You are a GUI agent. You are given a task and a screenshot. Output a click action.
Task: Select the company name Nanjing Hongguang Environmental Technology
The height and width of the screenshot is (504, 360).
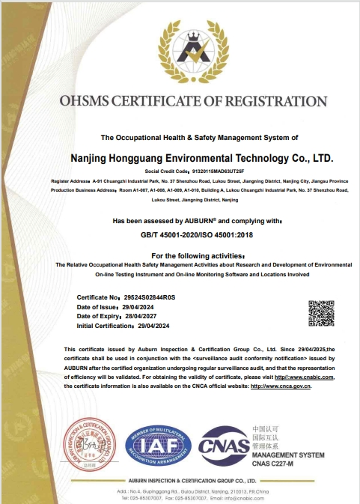pos(200,159)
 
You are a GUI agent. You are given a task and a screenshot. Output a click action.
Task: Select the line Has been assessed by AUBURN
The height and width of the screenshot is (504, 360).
pos(196,221)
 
